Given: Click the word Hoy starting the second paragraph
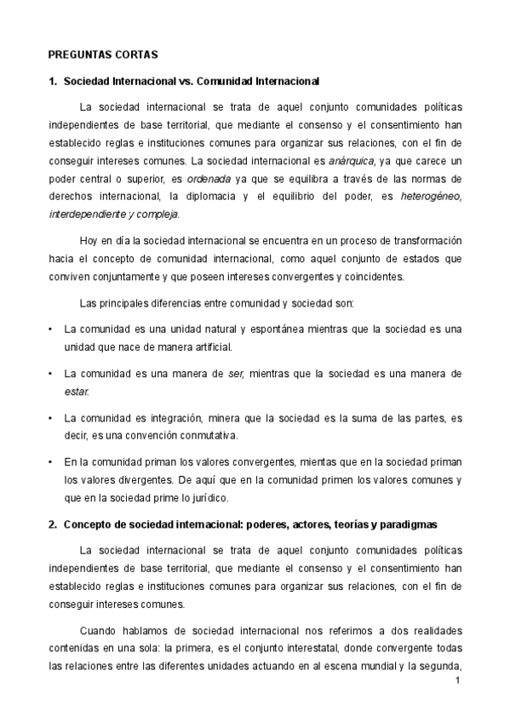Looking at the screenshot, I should [x=89, y=241].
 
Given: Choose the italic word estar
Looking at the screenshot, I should [x=76, y=392].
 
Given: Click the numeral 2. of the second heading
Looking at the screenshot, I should [x=52, y=524].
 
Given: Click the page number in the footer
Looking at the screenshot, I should [x=457, y=681].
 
